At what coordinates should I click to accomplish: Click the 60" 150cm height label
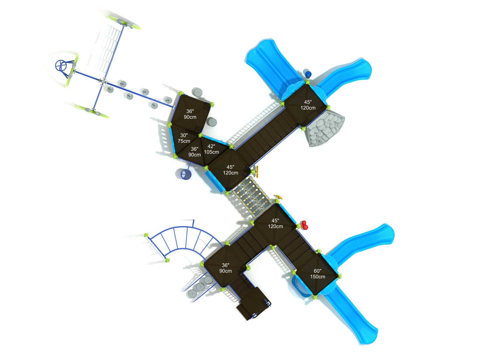[317, 274]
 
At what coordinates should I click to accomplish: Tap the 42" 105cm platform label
[211, 149]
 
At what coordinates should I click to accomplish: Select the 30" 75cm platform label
[184, 138]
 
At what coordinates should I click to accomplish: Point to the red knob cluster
[304, 225]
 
